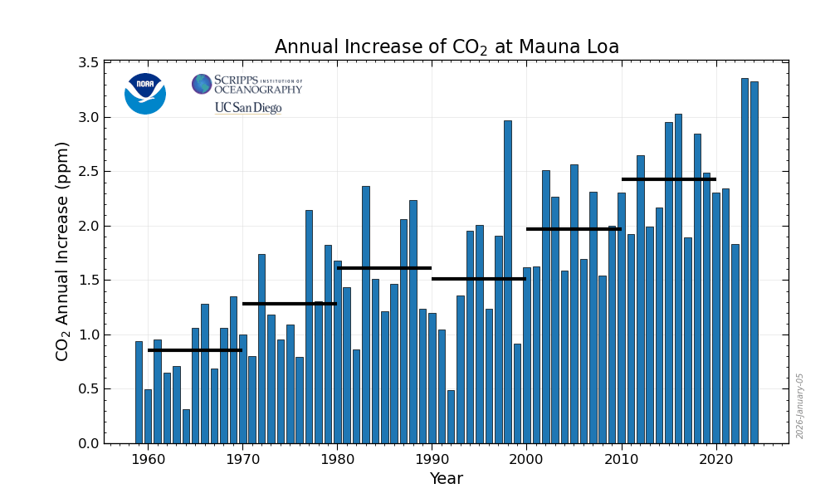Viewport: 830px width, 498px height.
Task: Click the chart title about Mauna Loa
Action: pyautogui.click(x=447, y=47)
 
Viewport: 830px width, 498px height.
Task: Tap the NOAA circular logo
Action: pyautogui.click(x=145, y=94)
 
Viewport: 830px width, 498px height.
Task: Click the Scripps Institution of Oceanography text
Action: pyautogui.click(x=257, y=84)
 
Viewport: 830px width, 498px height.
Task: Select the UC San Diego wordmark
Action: pyautogui.click(x=248, y=108)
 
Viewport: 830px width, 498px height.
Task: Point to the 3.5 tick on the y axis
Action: pyautogui.click(x=88, y=63)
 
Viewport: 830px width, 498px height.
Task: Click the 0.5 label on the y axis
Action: pyautogui.click(x=88, y=389)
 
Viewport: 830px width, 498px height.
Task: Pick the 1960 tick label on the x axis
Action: pyautogui.click(x=148, y=458)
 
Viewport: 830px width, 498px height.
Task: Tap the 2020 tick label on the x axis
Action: pyautogui.click(x=715, y=458)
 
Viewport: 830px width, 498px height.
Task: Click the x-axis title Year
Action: pyautogui.click(x=446, y=479)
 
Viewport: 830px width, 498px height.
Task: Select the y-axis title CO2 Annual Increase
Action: pyautogui.click(x=63, y=251)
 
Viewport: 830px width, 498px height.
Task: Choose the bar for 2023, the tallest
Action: pyautogui.click(x=745, y=261)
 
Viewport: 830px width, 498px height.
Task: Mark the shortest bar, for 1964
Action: pyautogui.click(x=186, y=426)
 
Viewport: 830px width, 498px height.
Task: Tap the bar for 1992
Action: pyautogui.click(x=451, y=417)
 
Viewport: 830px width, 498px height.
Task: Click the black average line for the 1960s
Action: pyautogui.click(x=195, y=350)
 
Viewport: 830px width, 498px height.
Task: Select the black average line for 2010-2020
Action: pyautogui.click(x=668, y=179)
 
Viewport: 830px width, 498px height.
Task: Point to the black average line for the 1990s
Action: pyautogui.click(x=479, y=279)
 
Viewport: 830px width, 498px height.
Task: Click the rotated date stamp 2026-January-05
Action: pyautogui.click(x=800, y=405)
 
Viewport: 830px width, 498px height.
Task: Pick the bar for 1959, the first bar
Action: pyautogui.click(x=139, y=392)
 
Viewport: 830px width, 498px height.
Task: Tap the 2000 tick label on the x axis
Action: pyautogui.click(x=526, y=458)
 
